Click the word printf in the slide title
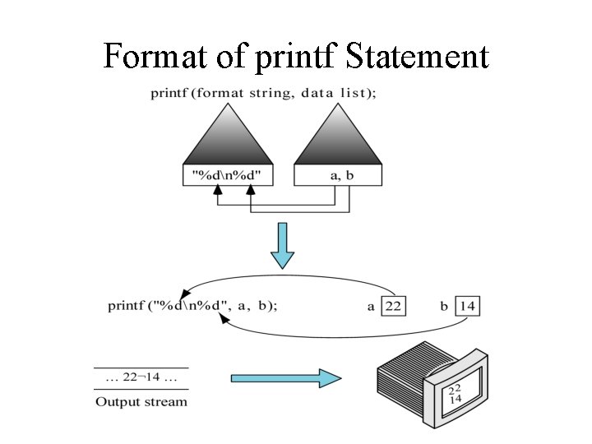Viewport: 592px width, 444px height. click(x=298, y=58)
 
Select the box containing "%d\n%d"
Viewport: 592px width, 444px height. click(x=226, y=174)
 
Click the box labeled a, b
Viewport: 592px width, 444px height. click(x=338, y=174)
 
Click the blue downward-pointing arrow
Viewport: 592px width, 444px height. click(x=282, y=246)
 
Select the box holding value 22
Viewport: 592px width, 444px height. click(x=393, y=306)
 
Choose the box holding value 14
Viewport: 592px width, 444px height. click(x=466, y=306)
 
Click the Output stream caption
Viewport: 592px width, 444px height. click(x=141, y=402)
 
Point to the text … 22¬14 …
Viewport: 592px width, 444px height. click(x=141, y=379)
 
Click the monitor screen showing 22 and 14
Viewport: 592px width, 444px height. click(x=455, y=392)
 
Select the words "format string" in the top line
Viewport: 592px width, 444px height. click(x=252, y=93)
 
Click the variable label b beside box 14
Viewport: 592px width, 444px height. click(x=444, y=307)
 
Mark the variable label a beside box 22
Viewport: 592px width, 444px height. click(x=371, y=307)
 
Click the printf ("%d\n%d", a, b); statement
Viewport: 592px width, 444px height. click(x=192, y=306)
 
